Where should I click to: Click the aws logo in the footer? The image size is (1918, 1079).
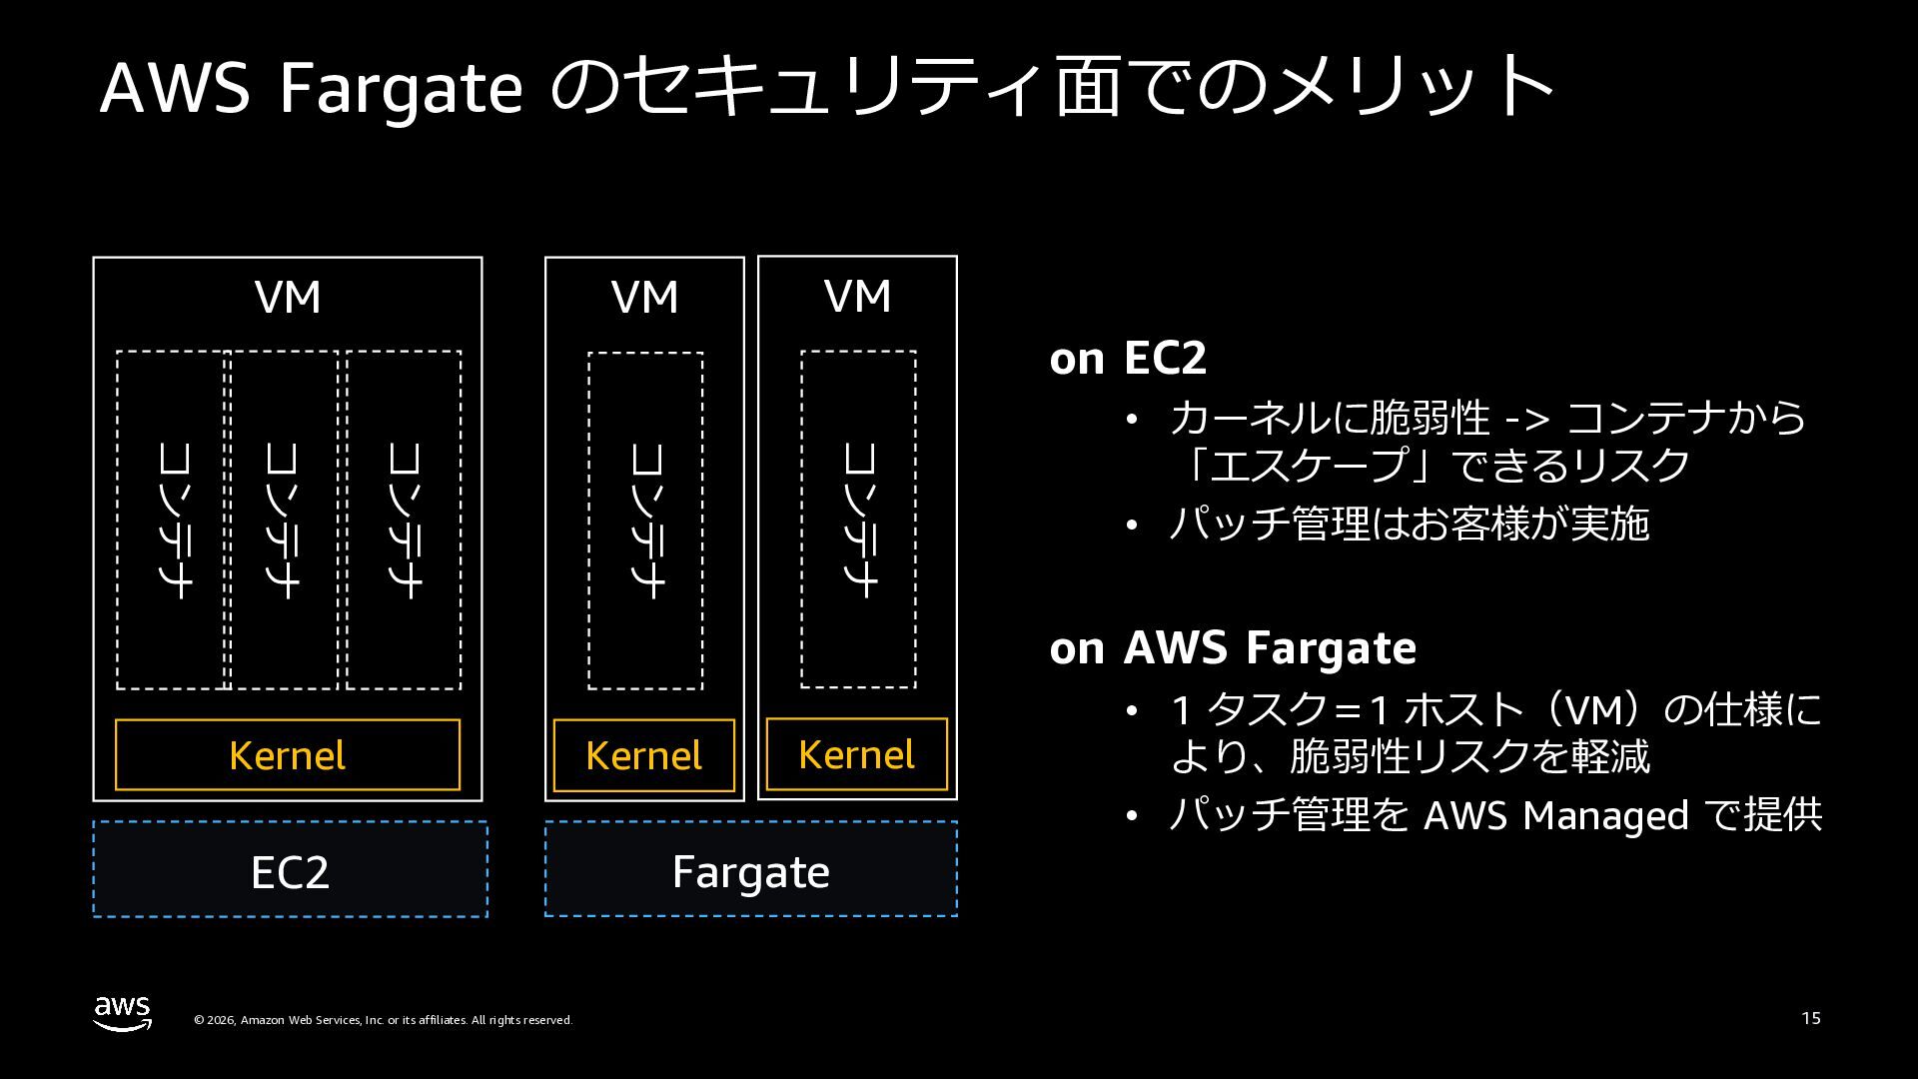pyautogui.click(x=123, y=1012)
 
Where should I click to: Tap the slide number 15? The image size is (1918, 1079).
pyautogui.click(x=1810, y=1018)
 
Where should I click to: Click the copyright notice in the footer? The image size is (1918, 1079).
pyautogui.click(x=383, y=1020)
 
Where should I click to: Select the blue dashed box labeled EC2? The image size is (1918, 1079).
pyautogui.click(x=290, y=869)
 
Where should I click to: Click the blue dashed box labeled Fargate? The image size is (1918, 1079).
pyautogui.click(x=750, y=869)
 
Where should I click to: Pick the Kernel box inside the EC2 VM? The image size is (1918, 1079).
pyautogui.click(x=288, y=755)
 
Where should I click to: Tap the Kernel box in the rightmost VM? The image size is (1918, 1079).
pyautogui.click(x=856, y=754)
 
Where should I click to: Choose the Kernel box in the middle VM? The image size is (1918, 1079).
pyautogui.click(x=643, y=755)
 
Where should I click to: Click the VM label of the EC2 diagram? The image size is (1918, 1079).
pyautogui.click(x=288, y=298)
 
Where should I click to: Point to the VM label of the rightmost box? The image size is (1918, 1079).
pyautogui.click(x=857, y=297)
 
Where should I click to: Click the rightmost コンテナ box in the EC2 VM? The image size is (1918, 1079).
pyautogui.click(x=404, y=520)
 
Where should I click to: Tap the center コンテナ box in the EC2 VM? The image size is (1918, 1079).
pyautogui.click(x=284, y=520)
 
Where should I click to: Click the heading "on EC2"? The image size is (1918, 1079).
pyautogui.click(x=1128, y=359)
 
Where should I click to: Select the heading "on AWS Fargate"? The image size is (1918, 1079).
pyautogui.click(x=1233, y=648)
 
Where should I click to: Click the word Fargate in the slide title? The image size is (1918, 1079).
pyautogui.click(x=401, y=88)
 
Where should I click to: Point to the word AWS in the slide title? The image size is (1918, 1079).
pyautogui.click(x=175, y=88)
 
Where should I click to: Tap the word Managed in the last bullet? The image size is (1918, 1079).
pyautogui.click(x=1605, y=816)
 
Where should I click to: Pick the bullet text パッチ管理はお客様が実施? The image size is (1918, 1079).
pyautogui.click(x=1409, y=525)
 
